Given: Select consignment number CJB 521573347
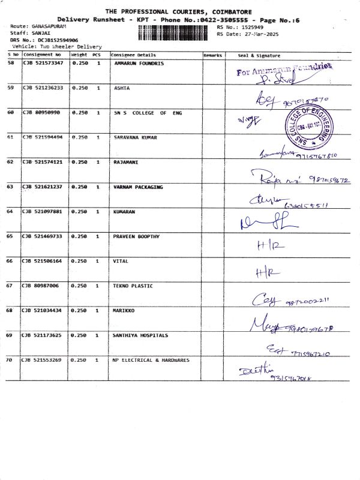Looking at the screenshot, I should click(x=43, y=63).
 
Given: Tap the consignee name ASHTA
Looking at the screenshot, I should click(x=122, y=88).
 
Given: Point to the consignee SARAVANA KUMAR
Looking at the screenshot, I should click(x=135, y=137).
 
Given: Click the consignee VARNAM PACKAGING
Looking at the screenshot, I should click(x=138, y=187).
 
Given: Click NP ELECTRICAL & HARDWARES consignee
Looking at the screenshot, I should click(x=151, y=360).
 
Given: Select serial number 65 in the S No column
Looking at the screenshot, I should click(x=10, y=236).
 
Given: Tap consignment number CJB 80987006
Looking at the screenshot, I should click(x=41, y=286).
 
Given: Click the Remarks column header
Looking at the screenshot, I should click(x=212, y=55).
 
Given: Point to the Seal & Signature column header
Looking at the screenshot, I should click(x=259, y=55).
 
